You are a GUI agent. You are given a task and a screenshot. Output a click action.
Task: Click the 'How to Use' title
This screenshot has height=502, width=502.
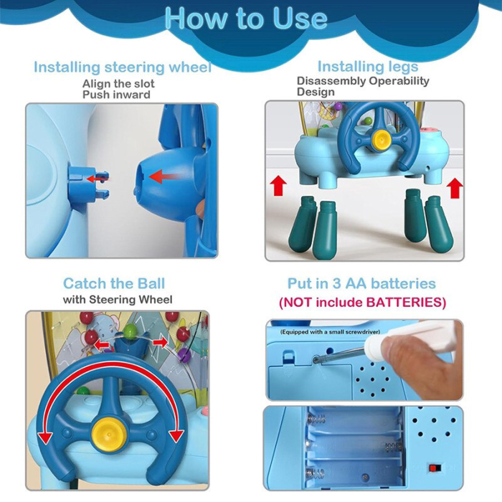tap(246, 18)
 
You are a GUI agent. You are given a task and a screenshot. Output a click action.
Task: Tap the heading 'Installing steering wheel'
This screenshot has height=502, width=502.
tap(123, 67)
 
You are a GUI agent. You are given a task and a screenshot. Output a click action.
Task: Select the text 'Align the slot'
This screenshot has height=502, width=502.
tap(118, 84)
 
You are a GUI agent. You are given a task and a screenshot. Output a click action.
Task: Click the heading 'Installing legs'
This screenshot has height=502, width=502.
tap(368, 67)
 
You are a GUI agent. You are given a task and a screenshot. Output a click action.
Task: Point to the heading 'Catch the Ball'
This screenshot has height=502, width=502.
tap(114, 283)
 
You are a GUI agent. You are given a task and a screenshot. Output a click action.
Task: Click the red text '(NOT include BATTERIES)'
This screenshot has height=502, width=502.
tap(362, 302)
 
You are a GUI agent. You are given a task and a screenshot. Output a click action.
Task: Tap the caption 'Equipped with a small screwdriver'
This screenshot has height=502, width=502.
tap(330, 332)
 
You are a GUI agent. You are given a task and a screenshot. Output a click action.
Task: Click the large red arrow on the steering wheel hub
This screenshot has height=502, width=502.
tap(164, 177)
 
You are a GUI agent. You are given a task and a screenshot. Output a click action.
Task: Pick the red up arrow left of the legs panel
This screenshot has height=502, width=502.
tap(278, 185)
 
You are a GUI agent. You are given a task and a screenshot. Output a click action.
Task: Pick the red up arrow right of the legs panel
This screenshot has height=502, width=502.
tap(455, 188)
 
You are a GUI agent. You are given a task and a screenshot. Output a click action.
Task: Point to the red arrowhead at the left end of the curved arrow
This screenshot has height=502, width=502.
tap(46, 437)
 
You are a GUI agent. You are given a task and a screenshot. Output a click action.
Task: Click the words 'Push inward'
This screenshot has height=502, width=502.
tap(116, 95)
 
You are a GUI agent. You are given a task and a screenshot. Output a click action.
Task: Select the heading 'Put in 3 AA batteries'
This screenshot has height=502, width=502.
tap(361, 283)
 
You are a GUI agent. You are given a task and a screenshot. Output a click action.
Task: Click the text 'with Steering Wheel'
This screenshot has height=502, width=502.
tap(118, 300)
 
